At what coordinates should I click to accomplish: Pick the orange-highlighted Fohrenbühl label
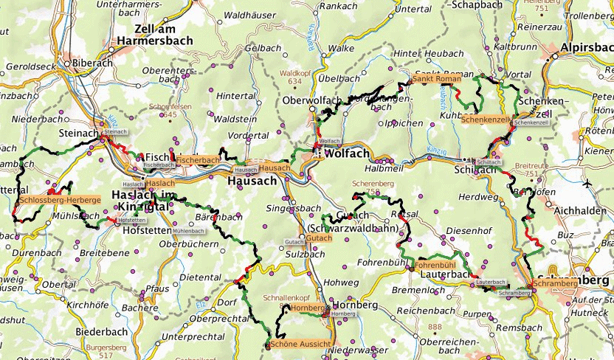[435, 263]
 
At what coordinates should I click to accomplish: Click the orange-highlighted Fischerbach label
[197, 160]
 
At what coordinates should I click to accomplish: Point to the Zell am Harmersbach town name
[153, 35]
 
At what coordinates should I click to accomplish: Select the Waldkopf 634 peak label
[294, 77]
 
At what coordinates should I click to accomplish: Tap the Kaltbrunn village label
[511, 46]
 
